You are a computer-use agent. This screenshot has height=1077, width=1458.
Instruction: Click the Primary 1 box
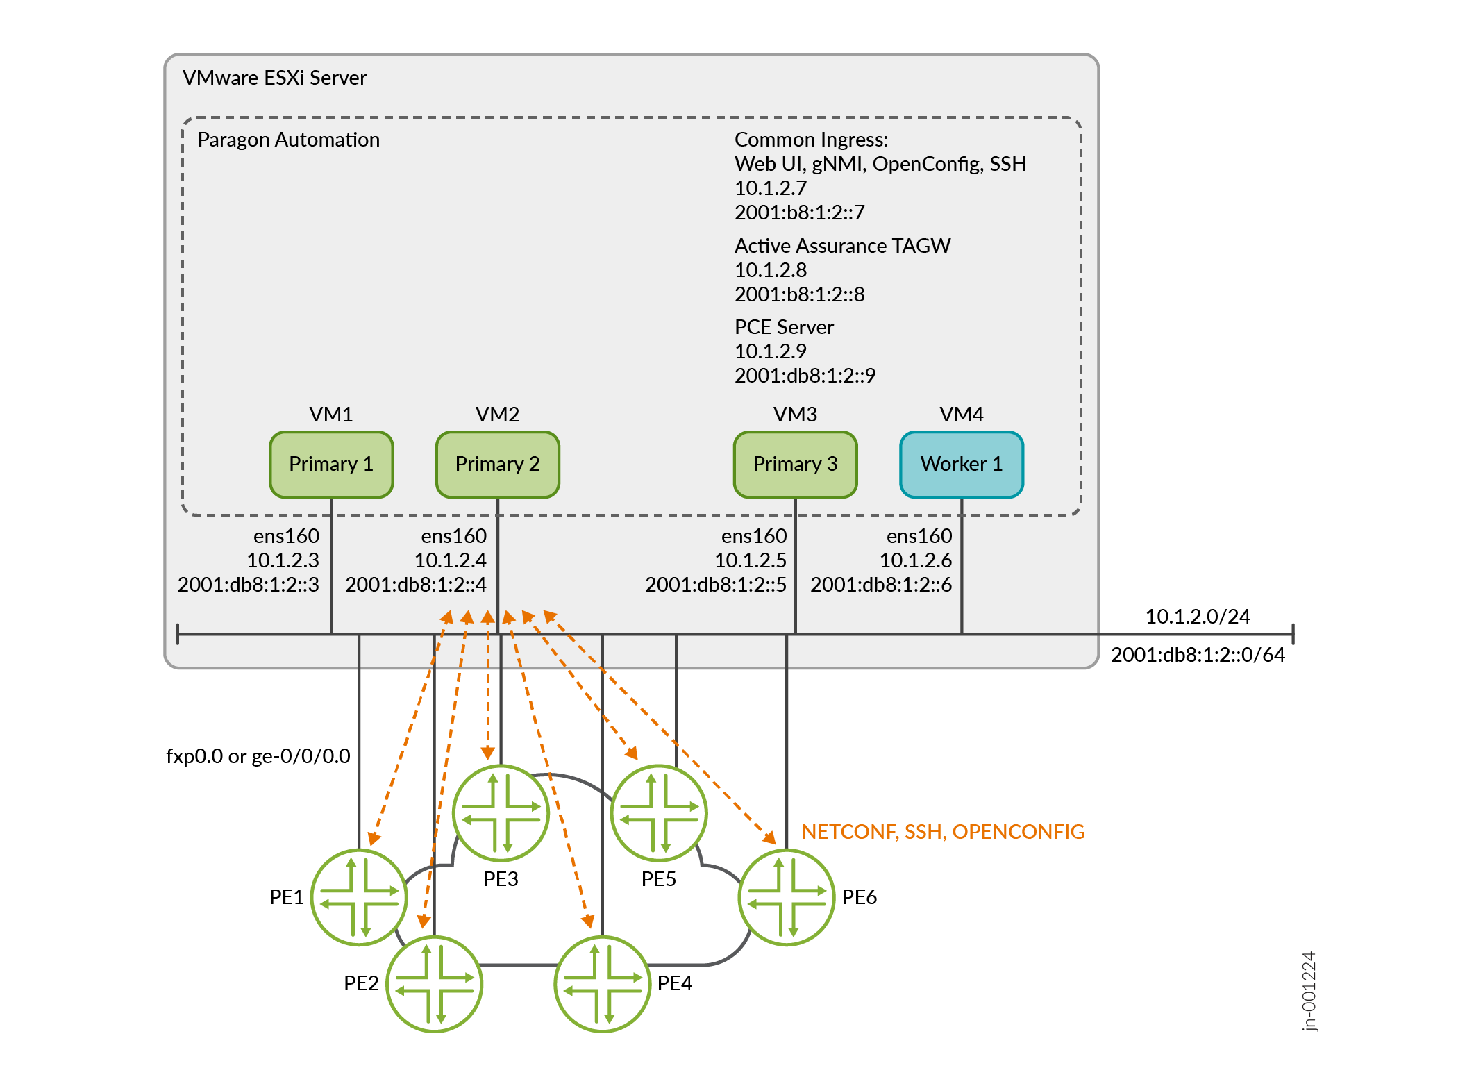(331, 464)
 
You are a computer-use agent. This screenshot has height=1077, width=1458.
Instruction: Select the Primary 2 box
(497, 464)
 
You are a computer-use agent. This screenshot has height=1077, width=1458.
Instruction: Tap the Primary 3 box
(795, 464)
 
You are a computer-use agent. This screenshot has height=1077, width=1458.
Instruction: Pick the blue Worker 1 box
(961, 464)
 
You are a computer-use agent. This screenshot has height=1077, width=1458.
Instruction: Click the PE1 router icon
(359, 896)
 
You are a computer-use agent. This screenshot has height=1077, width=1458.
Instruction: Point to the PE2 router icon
(434, 983)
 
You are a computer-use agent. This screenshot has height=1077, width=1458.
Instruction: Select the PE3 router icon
(501, 813)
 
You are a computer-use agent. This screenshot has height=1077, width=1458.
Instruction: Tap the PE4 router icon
(602, 983)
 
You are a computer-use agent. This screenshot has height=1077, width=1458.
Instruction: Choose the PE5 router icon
(659, 813)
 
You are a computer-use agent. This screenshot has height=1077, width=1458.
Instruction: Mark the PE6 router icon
(787, 896)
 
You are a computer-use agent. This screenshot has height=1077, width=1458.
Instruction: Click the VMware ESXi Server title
(274, 78)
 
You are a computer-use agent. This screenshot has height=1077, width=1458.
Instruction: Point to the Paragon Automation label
(288, 140)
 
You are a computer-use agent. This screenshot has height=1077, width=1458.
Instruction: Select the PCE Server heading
(784, 327)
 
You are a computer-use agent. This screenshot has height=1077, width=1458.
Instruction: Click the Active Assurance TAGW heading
(842, 246)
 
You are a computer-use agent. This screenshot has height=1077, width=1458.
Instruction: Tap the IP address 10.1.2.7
(771, 188)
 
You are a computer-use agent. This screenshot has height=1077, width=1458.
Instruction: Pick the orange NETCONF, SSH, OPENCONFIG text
(943, 831)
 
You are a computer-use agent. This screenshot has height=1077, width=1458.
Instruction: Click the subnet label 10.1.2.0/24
(1197, 617)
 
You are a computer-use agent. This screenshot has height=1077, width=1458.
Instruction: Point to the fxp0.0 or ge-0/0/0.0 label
(258, 756)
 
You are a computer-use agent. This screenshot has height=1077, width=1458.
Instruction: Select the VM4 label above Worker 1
(961, 415)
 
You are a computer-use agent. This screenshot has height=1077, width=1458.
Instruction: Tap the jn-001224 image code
(1308, 991)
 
